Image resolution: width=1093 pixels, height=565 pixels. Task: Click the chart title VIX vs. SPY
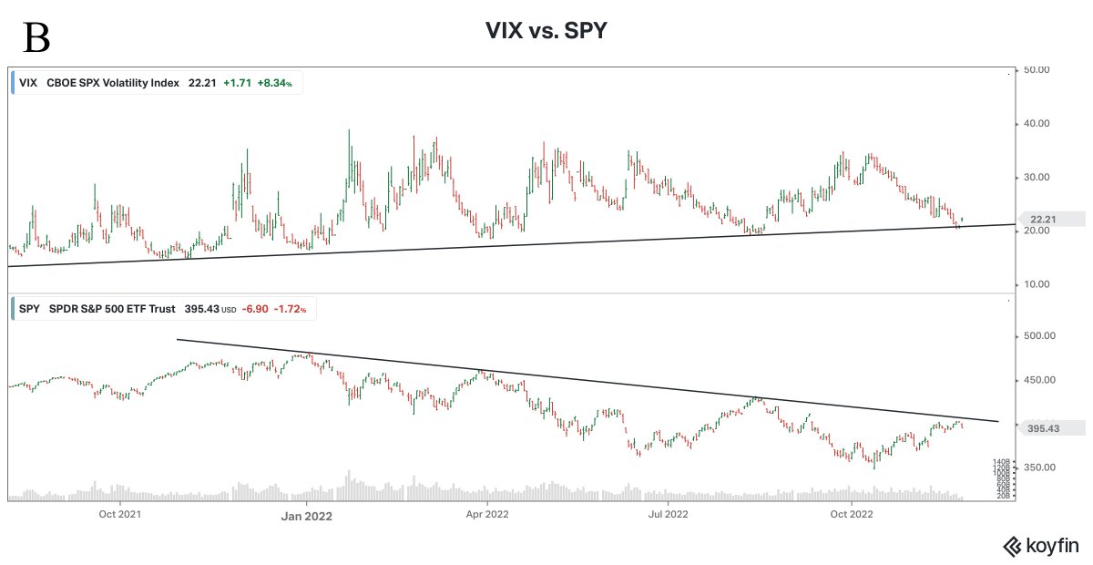pyautogui.click(x=546, y=32)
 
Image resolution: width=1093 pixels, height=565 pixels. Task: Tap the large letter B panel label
pyautogui.click(x=36, y=39)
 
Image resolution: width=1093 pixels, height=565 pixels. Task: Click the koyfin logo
pyautogui.click(x=1041, y=546)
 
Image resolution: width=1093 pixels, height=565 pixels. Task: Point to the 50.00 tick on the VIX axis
pyautogui.click(x=1038, y=69)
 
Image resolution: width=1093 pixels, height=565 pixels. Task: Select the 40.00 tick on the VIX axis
pyautogui.click(x=1038, y=123)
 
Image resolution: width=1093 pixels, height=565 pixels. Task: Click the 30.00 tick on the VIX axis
pyautogui.click(x=1038, y=177)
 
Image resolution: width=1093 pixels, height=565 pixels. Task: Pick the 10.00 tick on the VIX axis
pyautogui.click(x=1038, y=284)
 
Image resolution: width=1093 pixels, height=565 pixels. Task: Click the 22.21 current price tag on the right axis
pyautogui.click(x=1043, y=219)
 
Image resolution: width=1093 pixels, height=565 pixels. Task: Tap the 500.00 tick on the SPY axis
pyautogui.click(x=1038, y=336)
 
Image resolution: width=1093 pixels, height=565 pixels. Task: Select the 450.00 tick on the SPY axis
pyautogui.click(x=1038, y=380)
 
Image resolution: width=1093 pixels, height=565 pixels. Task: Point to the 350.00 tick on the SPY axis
pyautogui.click(x=1038, y=467)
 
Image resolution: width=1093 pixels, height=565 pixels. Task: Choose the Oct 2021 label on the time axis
pyautogui.click(x=120, y=514)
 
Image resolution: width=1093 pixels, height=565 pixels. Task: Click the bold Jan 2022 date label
pyautogui.click(x=306, y=515)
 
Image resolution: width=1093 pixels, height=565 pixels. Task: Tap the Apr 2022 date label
pyautogui.click(x=486, y=514)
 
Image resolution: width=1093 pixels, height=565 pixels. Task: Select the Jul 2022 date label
pyautogui.click(x=668, y=514)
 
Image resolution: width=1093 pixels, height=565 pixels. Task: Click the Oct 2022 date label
pyautogui.click(x=849, y=514)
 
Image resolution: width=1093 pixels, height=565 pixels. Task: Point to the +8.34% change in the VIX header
pyautogui.click(x=274, y=83)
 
